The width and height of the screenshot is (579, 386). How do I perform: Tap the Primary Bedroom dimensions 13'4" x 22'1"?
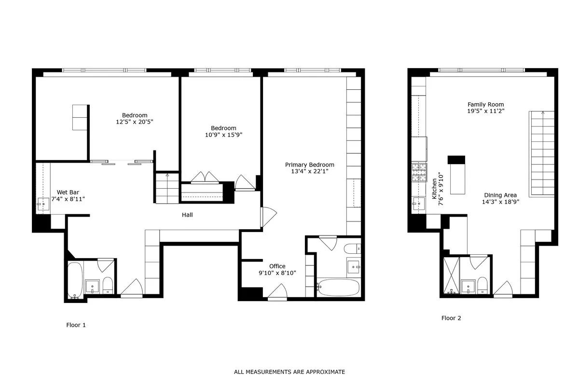309,171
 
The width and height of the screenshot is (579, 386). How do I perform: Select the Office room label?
277,266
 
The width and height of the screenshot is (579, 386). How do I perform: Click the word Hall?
187,215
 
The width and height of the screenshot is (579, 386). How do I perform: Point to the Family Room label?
485,104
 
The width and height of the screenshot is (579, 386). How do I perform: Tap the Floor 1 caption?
76,325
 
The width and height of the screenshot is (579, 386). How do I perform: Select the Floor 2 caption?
451,318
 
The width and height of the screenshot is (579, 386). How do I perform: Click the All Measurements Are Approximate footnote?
289,372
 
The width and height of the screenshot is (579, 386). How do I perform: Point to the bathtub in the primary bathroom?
339,288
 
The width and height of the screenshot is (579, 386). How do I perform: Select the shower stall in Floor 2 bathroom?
451,276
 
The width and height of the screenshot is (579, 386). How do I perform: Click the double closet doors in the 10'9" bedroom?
205,177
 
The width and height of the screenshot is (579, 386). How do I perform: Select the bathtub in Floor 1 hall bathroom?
74,280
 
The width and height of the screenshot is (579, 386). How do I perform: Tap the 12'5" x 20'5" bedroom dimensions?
135,122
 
